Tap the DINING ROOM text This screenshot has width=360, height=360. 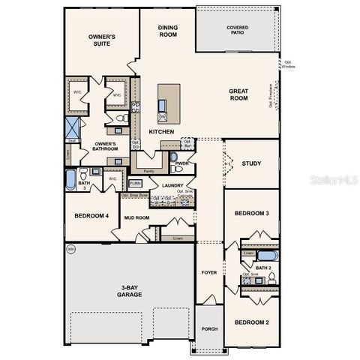point(168,31)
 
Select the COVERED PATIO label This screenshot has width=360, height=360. point(238,30)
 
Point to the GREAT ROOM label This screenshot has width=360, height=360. point(238,94)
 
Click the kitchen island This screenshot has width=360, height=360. point(169,103)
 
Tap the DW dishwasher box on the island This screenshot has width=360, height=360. point(162,117)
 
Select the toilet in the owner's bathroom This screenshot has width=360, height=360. point(119,120)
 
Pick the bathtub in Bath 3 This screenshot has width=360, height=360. point(70,180)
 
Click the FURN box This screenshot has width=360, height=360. point(136,183)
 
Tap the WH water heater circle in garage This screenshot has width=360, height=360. point(71,248)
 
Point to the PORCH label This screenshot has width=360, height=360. point(209,327)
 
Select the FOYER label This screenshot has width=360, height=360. point(208,272)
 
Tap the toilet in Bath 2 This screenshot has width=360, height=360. point(271,277)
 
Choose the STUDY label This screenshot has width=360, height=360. point(251,163)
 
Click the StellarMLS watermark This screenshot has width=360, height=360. point(328,181)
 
